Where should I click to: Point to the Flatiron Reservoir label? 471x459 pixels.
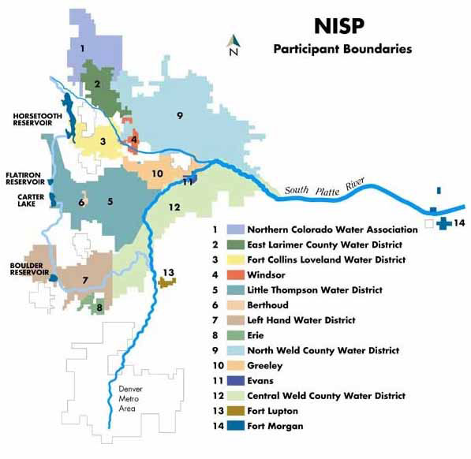pos(24,177)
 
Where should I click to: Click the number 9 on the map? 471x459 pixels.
pos(181,116)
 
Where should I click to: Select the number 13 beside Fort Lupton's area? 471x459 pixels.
pos(167,272)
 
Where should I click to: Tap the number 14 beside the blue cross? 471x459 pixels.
pos(459,223)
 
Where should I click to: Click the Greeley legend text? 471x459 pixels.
pos(264,365)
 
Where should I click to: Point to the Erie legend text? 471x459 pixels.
pos(257,335)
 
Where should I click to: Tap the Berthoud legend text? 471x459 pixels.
pos(268,305)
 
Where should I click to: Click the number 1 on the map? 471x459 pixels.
pos(82,49)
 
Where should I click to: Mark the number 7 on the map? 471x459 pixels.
pos(84,279)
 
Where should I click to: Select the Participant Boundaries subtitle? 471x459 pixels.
pos(342,49)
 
